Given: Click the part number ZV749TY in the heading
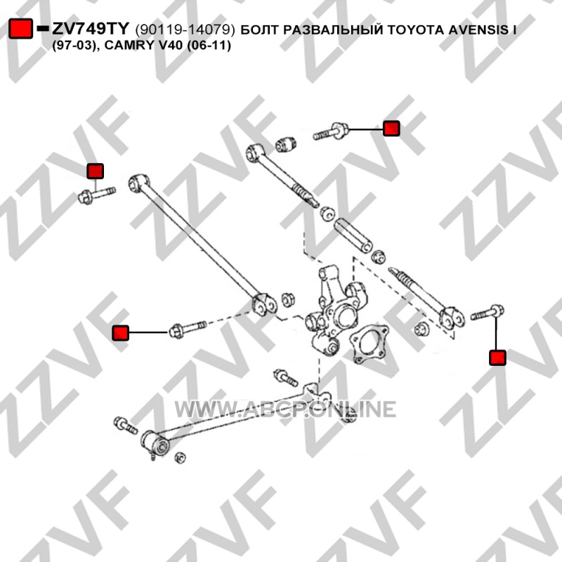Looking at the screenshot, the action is pos(91,29).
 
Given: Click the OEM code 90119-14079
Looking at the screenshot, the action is pos(185,30).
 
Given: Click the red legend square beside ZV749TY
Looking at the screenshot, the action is pos(20,28).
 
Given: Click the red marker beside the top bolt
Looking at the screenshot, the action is pos(391,129).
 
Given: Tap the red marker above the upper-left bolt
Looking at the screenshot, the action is pos(96,171).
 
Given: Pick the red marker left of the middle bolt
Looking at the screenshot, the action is pos(120,332).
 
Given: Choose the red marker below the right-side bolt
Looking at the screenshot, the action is pos(497,358).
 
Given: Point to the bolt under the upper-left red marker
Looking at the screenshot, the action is pos(96,195).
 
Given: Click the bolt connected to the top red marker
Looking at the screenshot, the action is pos(330,132).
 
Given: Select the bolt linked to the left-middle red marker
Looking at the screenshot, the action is pos(188,329).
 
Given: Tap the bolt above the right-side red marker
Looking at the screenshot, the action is pos(487,313).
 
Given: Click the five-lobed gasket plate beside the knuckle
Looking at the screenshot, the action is pos(369,344).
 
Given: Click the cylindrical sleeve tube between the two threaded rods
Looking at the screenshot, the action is pos(353,235).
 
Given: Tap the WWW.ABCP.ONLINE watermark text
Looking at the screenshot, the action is pos(285,410).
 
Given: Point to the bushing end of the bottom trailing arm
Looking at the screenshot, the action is pos(156,444).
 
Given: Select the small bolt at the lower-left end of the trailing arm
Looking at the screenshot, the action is pos(125,425).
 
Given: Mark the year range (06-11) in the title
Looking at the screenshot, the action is pos(209,46).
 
